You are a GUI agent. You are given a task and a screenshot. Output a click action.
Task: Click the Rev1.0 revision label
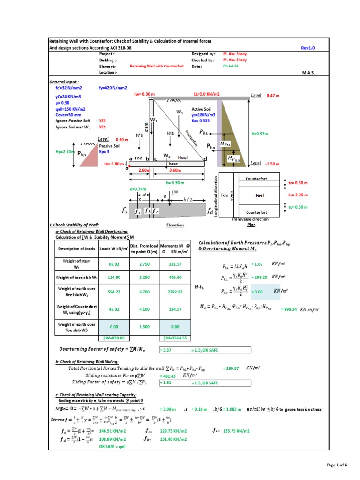tap(308, 48)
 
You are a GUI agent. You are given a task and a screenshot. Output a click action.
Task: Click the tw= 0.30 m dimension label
tap(144, 94)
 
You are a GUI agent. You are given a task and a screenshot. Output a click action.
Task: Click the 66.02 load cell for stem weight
tap(114, 264)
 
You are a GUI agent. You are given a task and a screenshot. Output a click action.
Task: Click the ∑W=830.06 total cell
tap(114, 337)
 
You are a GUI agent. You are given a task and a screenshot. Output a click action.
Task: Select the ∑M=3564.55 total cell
tap(175, 337)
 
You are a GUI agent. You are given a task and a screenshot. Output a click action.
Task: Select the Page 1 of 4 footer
tap(336, 465)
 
